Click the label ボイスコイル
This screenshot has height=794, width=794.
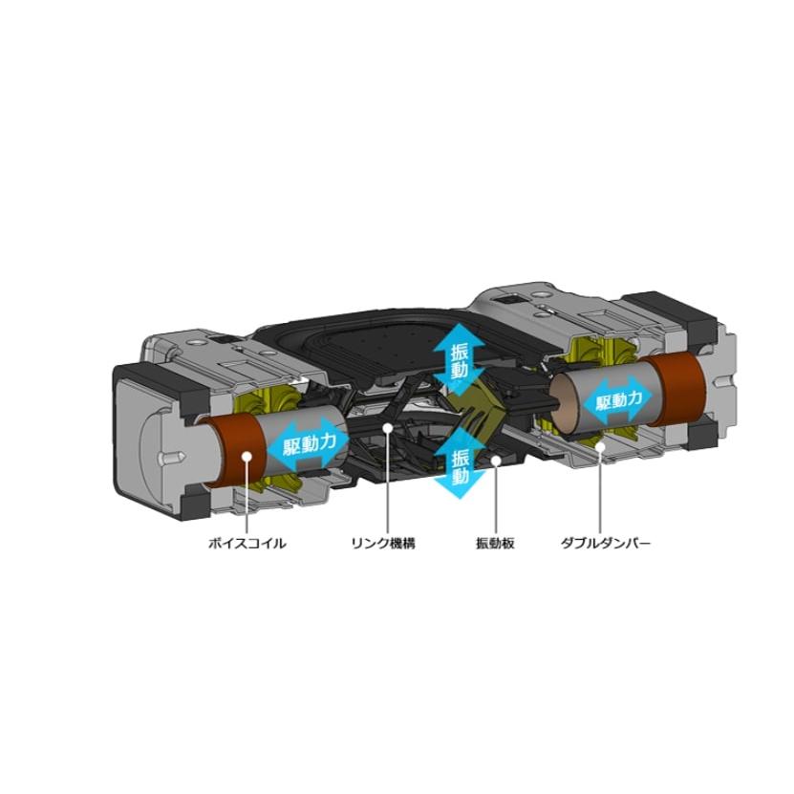(x=247, y=544)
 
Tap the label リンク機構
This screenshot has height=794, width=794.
(x=383, y=544)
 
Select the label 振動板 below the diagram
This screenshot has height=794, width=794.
(x=495, y=544)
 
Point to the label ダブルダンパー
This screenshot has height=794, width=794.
(x=605, y=544)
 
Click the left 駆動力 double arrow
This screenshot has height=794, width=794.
(x=309, y=444)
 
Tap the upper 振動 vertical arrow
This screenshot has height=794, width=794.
(x=460, y=360)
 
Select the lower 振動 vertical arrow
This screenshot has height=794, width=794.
(x=460, y=463)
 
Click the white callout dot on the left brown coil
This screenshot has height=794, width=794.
(x=247, y=457)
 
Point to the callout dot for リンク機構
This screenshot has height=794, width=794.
(x=387, y=428)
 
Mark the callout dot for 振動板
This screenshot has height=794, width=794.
(x=496, y=461)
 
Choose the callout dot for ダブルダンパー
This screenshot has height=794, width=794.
(x=601, y=446)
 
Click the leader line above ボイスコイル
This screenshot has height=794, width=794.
(x=247, y=497)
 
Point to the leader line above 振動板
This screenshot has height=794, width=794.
(x=496, y=499)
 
